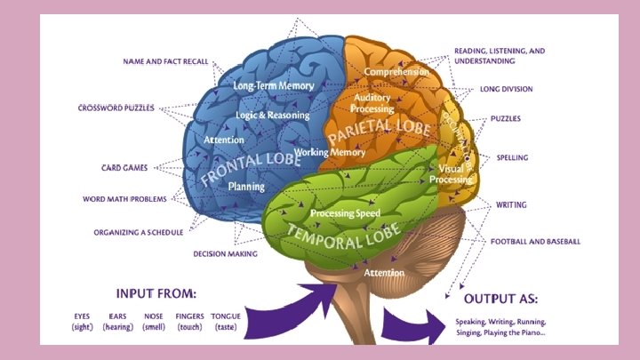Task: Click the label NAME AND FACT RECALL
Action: tap(165, 61)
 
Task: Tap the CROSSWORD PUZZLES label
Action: tap(116, 108)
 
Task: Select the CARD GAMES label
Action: tap(124, 167)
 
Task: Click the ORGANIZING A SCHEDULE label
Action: tap(139, 233)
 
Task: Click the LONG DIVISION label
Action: tap(500, 90)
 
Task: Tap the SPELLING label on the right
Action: tap(511, 157)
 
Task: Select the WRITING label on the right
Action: tap(511, 204)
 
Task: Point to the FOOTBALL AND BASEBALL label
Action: tap(535, 242)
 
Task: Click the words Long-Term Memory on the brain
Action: tap(273, 86)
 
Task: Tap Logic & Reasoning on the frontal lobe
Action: tap(273, 116)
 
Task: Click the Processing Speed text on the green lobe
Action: tap(345, 213)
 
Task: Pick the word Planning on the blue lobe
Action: tap(246, 187)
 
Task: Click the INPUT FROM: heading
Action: tap(156, 292)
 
